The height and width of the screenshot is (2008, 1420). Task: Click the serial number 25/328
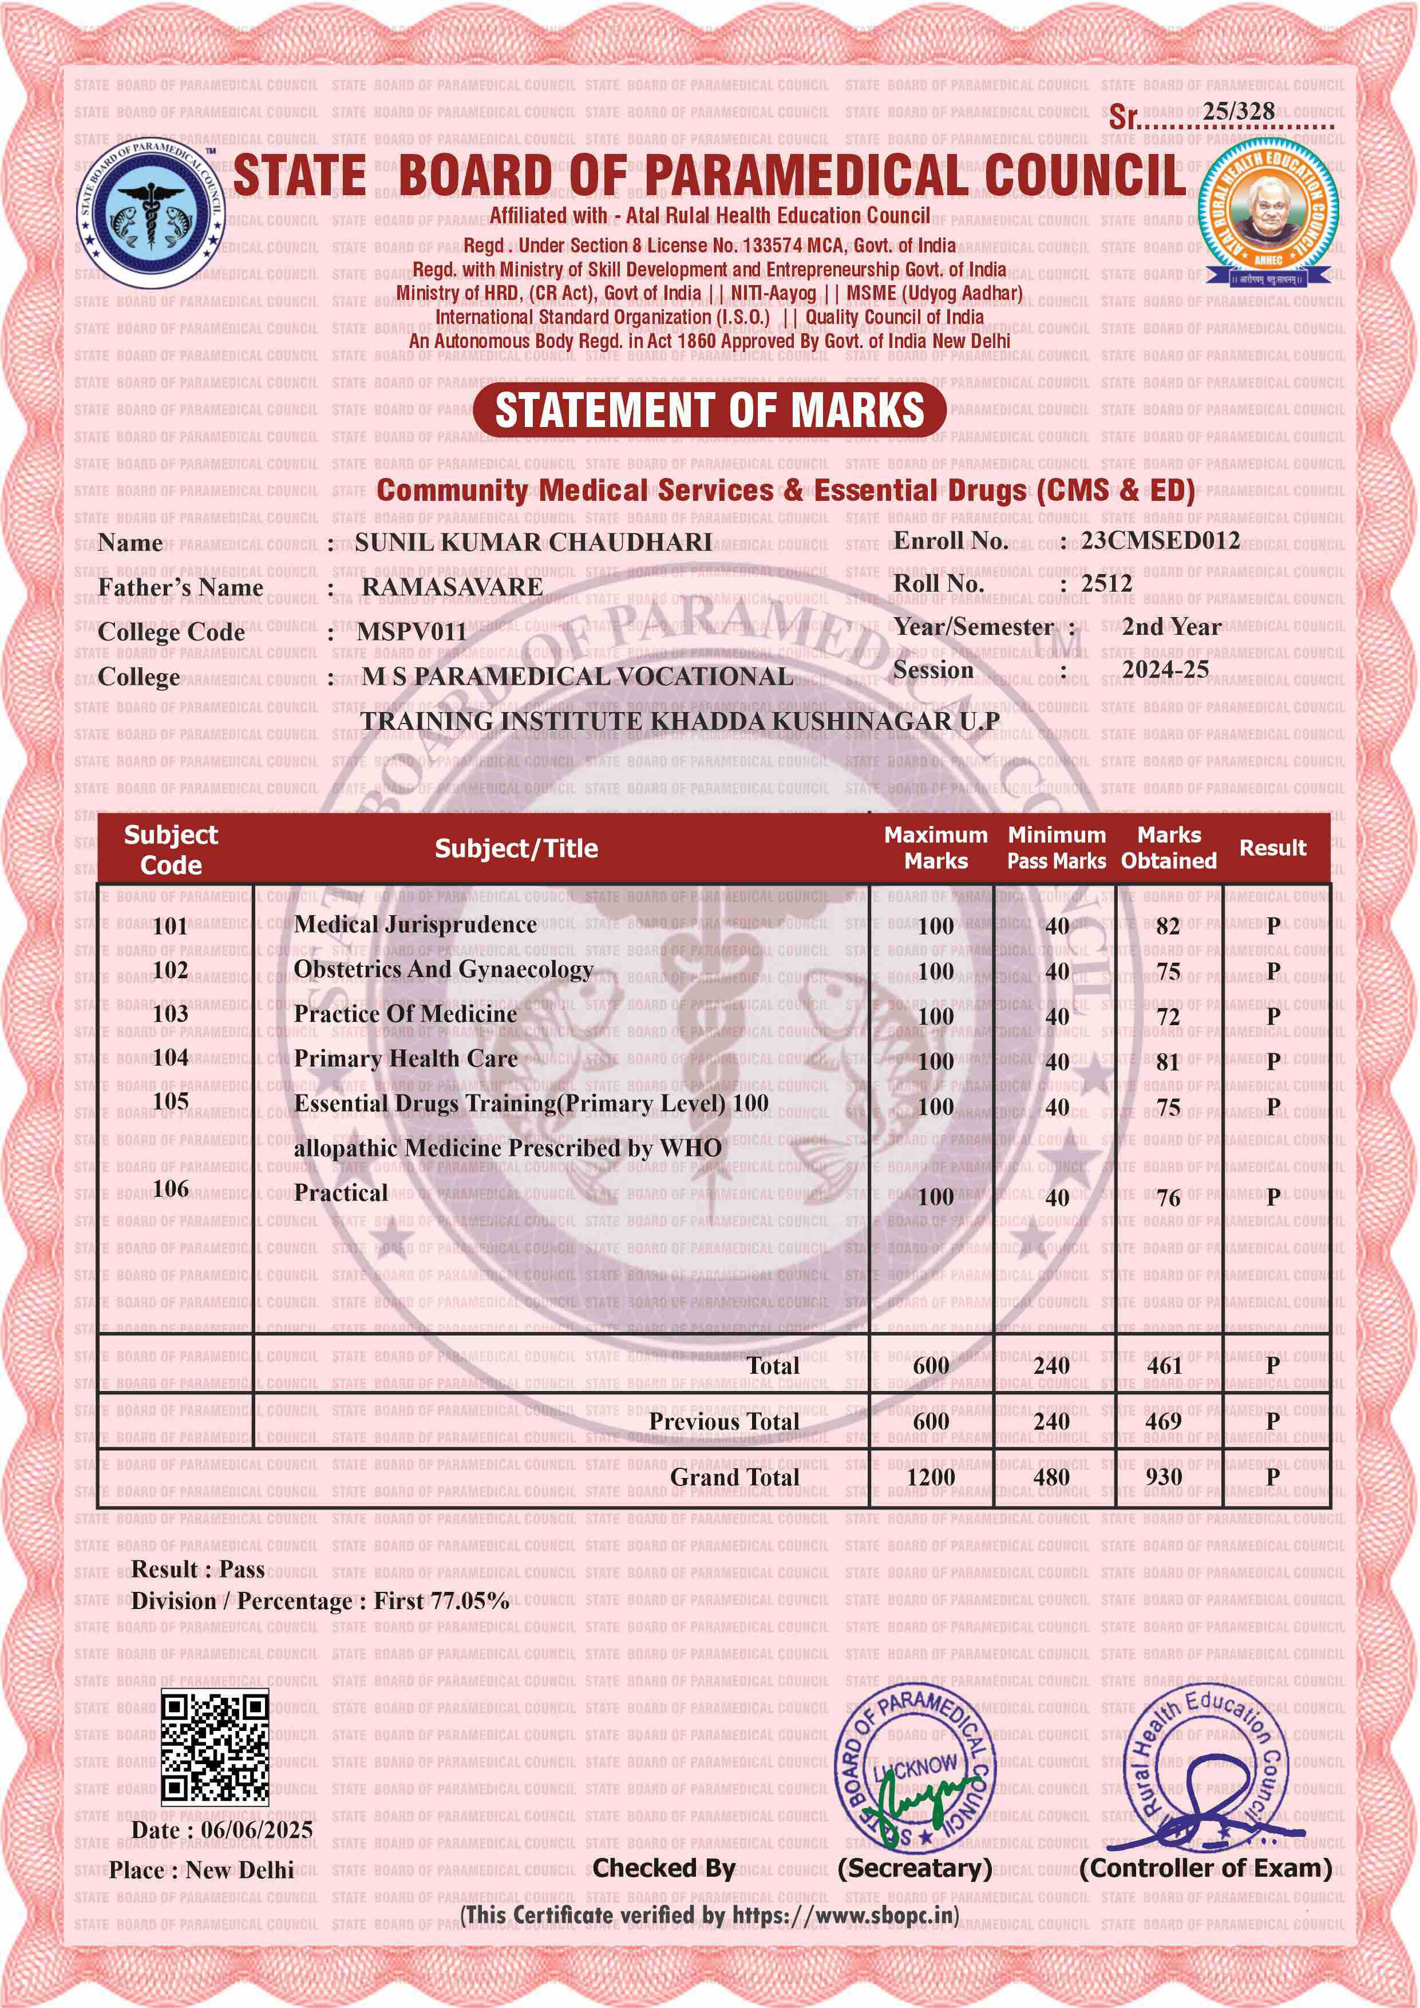click(1238, 111)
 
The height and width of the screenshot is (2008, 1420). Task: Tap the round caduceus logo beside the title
click(151, 212)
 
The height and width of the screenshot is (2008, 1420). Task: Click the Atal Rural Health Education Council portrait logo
click(1268, 212)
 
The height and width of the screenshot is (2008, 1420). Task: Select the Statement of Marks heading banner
click(709, 410)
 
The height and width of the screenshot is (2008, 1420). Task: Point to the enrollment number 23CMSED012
click(1160, 540)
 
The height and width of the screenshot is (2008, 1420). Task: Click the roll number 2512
click(1106, 583)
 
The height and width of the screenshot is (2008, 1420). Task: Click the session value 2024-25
click(1165, 670)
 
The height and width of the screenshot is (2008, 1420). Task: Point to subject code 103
click(171, 1014)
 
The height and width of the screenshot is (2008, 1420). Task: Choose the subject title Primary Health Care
click(406, 1059)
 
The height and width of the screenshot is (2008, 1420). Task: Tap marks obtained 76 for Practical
click(1168, 1198)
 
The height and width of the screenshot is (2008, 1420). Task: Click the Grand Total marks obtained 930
click(1164, 1477)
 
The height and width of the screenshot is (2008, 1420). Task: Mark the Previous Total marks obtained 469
click(1164, 1421)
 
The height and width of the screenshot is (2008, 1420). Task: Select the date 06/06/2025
click(256, 1829)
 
